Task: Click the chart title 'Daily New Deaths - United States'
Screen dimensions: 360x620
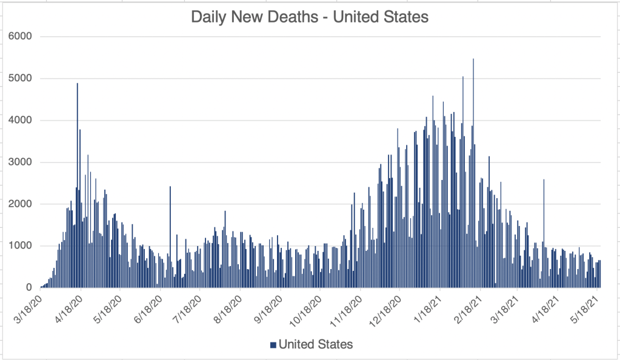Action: (310, 17)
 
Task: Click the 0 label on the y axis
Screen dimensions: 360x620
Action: (28, 287)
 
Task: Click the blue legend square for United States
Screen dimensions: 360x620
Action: (273, 345)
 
